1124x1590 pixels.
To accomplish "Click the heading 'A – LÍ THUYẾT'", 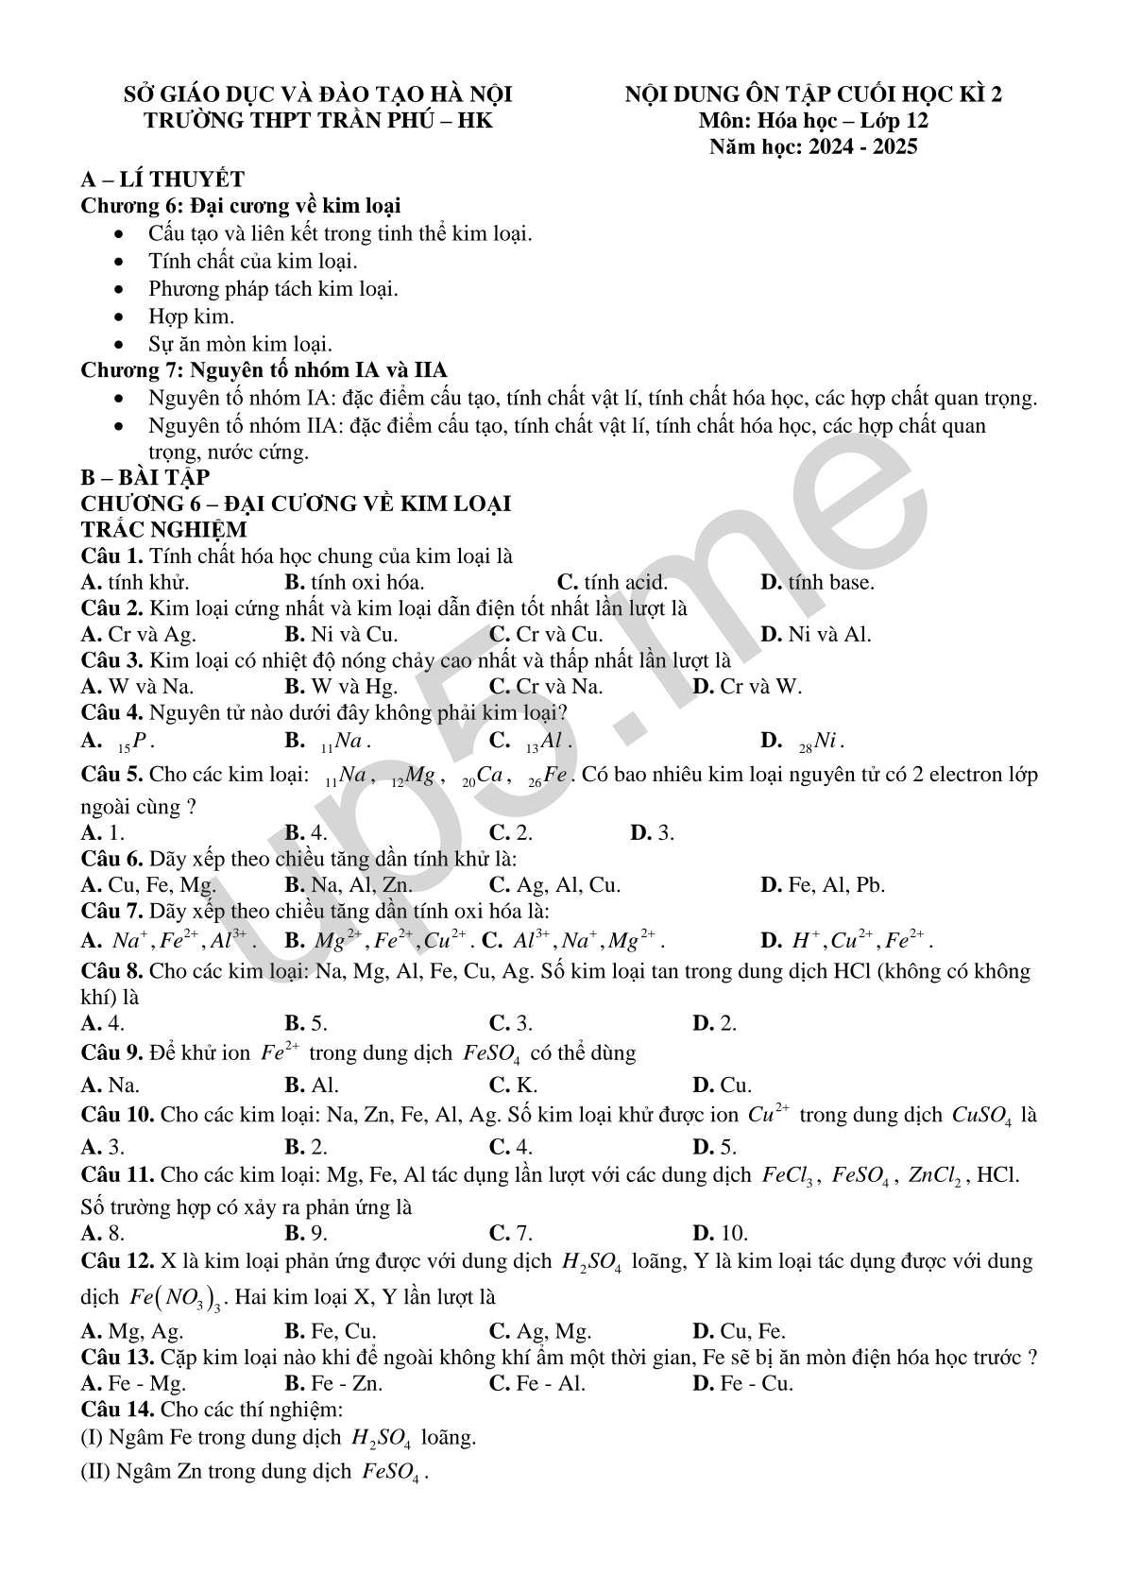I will click(162, 180).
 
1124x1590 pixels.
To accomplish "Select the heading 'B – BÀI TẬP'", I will click(145, 477).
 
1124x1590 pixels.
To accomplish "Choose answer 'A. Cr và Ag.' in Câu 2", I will click(139, 634).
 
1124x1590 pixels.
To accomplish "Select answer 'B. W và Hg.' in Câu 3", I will click(341, 687).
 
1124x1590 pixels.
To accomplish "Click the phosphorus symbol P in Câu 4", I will click(141, 741).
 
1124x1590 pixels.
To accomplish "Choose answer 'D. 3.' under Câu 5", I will click(652, 833).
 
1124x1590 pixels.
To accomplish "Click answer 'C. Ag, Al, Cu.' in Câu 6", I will click(554, 885).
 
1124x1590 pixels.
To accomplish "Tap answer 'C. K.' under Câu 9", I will click(513, 1086).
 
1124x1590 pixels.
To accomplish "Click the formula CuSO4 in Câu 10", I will click(982, 1116).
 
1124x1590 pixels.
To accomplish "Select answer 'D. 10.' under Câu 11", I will click(720, 1233).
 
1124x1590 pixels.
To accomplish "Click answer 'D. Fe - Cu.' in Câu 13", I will click(742, 1384).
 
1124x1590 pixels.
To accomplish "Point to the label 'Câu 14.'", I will click(118, 1410).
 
